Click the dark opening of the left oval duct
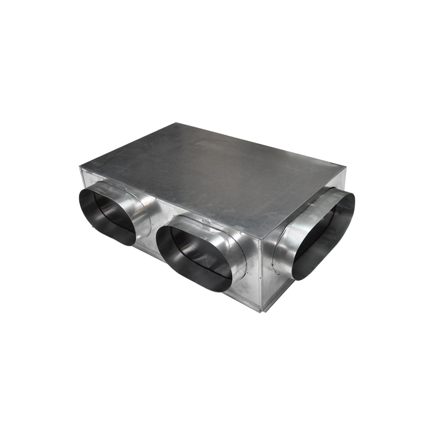108,216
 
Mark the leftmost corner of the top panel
80,167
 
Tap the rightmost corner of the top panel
346,165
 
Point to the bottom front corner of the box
261,311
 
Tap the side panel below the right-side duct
277,290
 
